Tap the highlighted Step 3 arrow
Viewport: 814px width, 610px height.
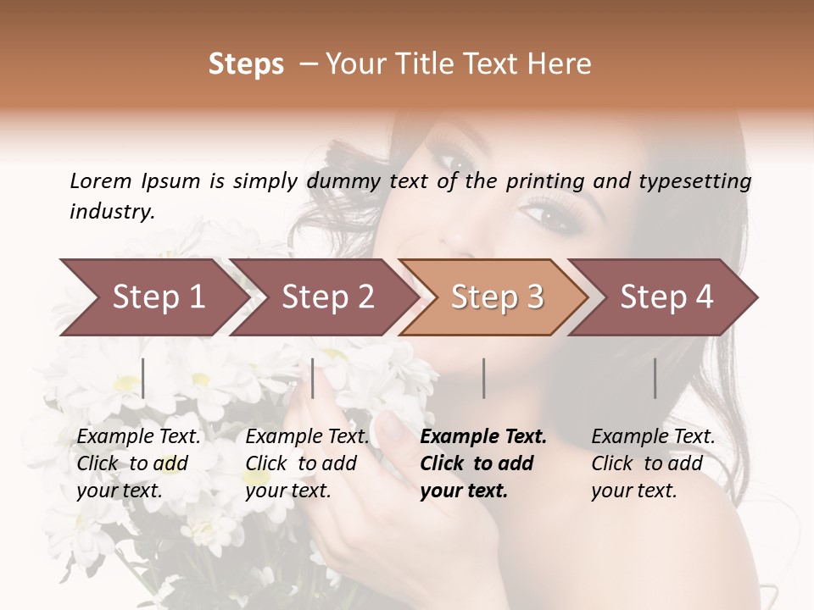(497, 297)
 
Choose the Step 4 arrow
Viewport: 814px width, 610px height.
(666, 297)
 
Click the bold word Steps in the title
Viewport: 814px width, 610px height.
(246, 64)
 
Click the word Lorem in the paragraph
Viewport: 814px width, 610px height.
(100, 181)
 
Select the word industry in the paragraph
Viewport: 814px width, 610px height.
(112, 212)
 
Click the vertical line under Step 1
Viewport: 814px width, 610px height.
(143, 378)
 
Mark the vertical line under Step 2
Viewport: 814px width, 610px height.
(313, 378)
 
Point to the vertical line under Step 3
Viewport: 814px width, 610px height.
(484, 378)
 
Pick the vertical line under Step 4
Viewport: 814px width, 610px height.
(655, 378)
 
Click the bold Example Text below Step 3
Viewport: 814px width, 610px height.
(483, 437)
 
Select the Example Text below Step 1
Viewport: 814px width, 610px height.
(139, 437)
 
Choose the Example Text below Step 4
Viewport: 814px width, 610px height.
(653, 437)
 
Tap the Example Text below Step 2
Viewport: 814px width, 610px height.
(307, 437)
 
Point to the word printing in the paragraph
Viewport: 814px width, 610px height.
(545, 181)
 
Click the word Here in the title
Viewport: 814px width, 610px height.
(562, 64)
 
